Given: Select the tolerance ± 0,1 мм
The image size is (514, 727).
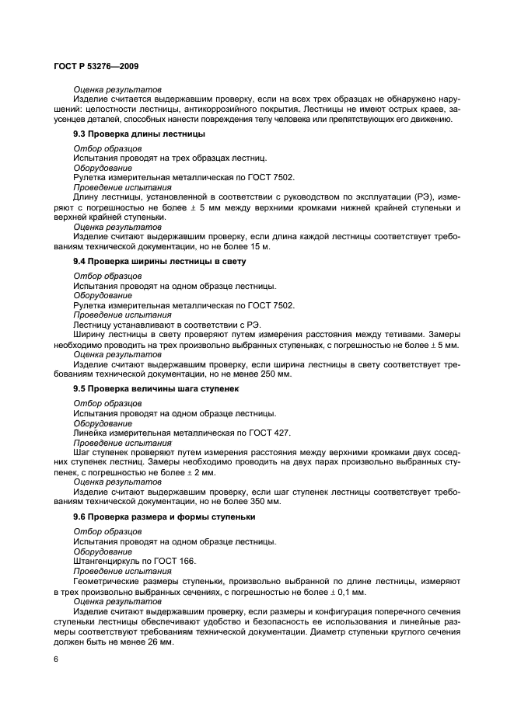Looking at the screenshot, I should click(x=347, y=591).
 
